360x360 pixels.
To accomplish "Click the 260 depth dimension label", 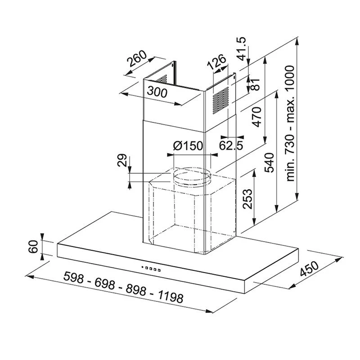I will click(136, 60).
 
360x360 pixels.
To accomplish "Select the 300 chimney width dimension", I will click(157, 92).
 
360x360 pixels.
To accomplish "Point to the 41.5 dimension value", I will click(243, 49).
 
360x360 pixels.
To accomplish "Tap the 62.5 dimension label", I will click(231, 145).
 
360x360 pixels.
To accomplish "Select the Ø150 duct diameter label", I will click(188, 146).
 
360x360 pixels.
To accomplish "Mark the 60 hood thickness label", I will click(32, 247).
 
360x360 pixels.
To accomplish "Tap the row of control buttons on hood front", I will click(151, 269).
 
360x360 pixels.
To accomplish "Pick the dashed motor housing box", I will click(191, 211).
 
